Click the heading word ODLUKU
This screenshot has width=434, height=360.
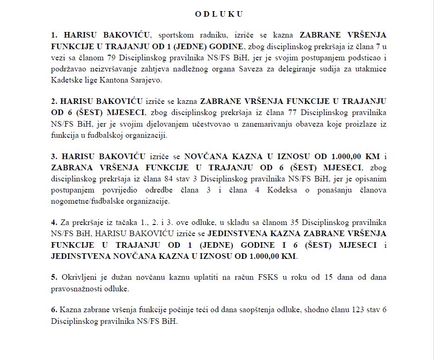[x=219, y=14]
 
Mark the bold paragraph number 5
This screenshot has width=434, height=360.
[x=54, y=277]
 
